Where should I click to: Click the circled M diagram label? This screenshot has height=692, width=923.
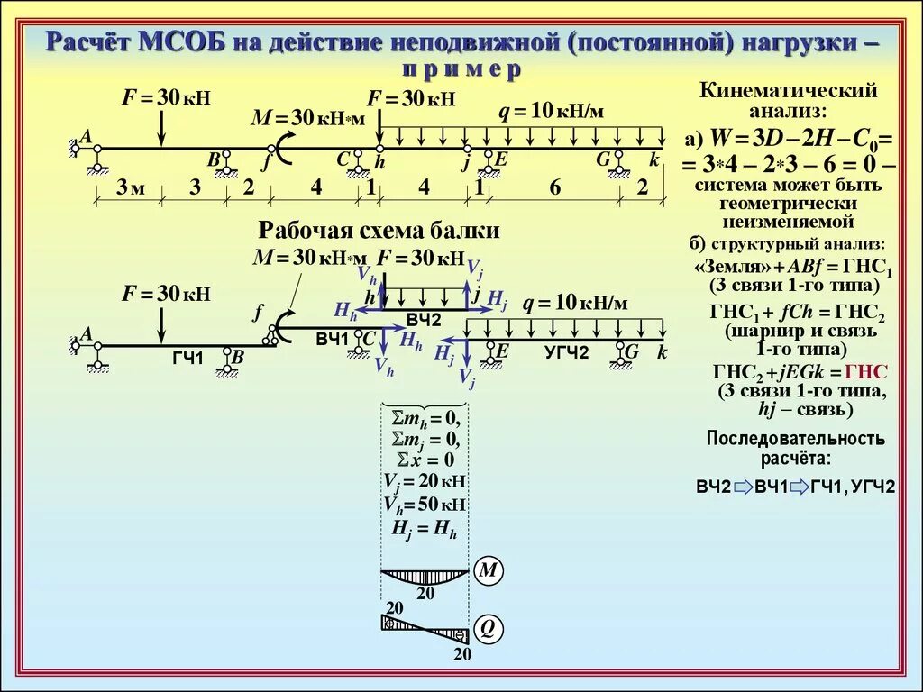tap(488, 570)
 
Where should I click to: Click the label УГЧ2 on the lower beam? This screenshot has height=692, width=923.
tap(566, 352)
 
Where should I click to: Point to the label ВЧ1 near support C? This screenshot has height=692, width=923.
tap(332, 339)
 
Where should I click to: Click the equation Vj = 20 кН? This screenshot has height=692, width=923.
tap(425, 480)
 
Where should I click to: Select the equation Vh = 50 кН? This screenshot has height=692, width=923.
tap(425, 504)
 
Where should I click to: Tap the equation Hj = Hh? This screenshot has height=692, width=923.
tap(425, 529)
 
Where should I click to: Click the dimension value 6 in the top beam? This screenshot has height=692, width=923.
tap(554, 187)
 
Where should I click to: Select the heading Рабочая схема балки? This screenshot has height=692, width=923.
tap(379, 231)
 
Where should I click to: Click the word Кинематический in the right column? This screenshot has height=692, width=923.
tap(789, 91)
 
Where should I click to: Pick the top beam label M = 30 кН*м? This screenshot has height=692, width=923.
tap(308, 118)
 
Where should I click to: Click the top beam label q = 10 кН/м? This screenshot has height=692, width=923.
tap(552, 111)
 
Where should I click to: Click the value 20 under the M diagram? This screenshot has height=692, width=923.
tap(425, 593)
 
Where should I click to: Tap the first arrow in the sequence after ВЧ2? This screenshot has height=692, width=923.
tap(742, 487)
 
